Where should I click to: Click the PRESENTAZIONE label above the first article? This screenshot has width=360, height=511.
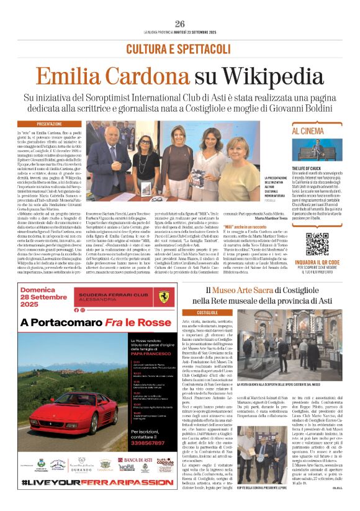[49, 124]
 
